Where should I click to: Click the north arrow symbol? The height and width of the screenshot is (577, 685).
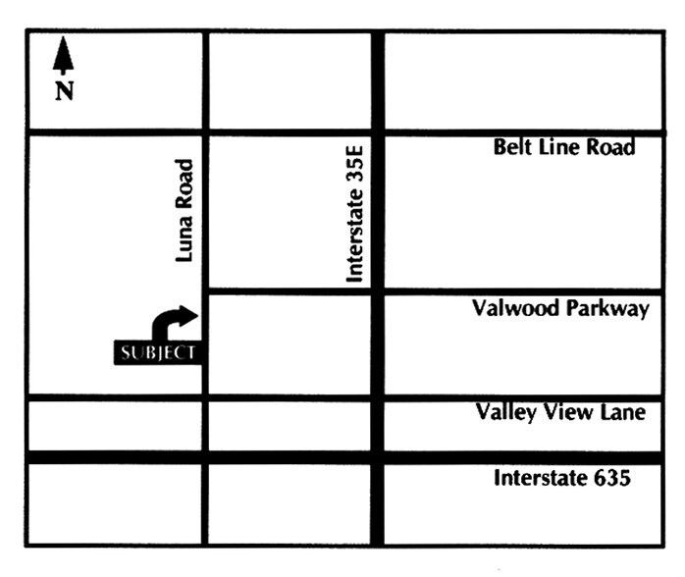point(64,57)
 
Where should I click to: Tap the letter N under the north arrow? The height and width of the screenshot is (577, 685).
point(65,92)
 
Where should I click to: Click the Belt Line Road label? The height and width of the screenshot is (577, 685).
point(564,148)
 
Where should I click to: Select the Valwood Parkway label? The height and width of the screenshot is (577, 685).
point(560,309)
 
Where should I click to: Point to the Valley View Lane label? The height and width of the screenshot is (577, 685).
point(560,412)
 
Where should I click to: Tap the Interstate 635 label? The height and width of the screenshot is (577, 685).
point(560,479)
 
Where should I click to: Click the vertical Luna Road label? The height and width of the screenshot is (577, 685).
point(184,212)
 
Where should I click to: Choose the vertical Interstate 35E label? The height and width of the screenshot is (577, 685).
point(356,213)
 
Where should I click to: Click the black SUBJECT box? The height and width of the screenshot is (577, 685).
point(158,352)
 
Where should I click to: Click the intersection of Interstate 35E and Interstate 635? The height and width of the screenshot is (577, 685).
point(377,457)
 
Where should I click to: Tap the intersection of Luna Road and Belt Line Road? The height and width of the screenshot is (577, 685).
point(204,131)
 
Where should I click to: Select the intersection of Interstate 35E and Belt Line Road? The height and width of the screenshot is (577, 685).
point(377,131)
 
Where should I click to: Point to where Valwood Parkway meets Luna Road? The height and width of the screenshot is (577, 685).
point(204,291)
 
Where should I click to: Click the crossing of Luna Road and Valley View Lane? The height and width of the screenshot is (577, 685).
point(204,397)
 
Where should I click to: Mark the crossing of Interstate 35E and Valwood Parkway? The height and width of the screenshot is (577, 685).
point(377,291)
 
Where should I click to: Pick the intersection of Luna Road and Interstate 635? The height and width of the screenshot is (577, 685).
point(204,457)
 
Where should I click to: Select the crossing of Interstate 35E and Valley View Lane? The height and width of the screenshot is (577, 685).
point(377,397)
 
